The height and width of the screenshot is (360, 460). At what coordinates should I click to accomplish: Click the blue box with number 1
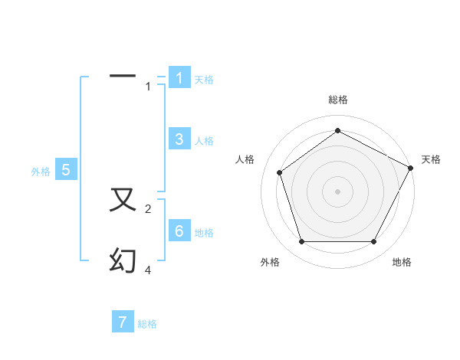[179, 78]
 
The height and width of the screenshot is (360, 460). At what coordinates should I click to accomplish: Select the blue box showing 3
[179, 139]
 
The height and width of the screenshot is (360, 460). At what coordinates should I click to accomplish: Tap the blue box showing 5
[66, 170]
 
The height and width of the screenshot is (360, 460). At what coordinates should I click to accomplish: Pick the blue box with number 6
[179, 231]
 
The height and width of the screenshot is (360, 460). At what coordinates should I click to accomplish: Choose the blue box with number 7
[123, 322]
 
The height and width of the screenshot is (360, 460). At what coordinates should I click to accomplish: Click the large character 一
[123, 76]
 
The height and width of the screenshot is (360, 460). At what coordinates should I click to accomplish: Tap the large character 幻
[123, 260]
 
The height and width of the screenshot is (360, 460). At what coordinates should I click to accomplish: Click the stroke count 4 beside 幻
[148, 270]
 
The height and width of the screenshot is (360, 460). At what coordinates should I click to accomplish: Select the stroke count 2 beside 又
[148, 209]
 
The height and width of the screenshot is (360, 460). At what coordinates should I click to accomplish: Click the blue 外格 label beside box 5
[41, 172]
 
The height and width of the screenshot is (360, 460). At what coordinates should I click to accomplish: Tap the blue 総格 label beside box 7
[147, 324]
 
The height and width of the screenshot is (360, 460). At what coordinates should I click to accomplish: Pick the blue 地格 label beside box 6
[204, 233]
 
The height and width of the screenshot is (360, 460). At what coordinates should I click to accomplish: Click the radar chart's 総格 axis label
[337, 100]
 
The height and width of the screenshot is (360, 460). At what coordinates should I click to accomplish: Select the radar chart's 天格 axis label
[431, 159]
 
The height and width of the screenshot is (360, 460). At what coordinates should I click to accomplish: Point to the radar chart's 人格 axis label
[245, 159]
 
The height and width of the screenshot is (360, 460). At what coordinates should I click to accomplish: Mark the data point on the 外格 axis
[301, 242]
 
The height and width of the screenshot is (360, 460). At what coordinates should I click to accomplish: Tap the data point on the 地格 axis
[373, 242]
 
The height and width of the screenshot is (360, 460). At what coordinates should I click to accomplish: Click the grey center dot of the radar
[337, 191]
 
